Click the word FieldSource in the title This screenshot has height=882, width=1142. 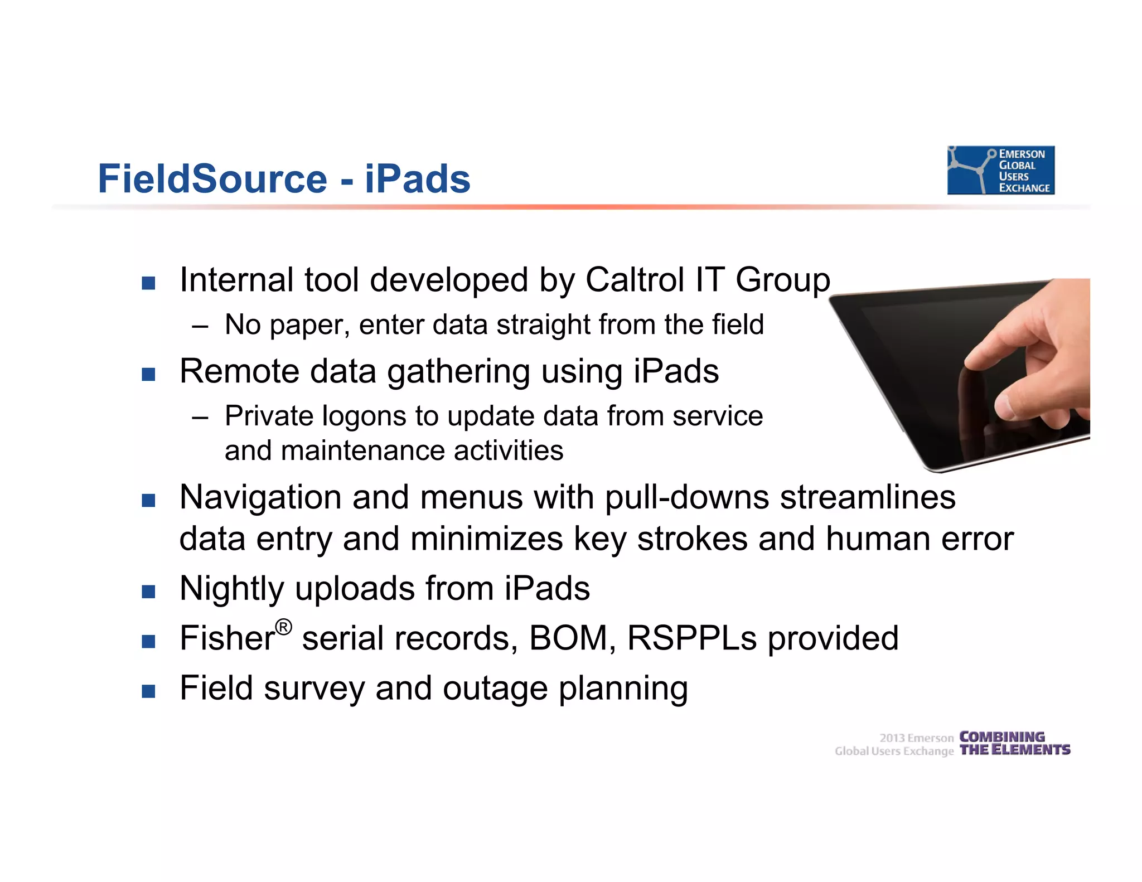212,179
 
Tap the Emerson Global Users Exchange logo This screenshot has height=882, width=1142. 1000,171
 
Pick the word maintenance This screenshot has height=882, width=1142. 363,450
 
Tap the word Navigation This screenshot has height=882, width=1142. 260,497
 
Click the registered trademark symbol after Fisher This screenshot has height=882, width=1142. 283,627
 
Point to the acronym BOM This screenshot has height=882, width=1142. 568,638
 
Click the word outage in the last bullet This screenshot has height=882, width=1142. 495,689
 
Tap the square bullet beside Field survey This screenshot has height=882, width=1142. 148,692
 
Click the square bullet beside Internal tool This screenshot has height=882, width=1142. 148,283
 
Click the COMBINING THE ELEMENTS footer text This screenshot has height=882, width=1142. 1014,744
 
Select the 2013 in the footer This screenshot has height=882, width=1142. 892,738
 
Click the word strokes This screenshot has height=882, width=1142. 692,539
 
